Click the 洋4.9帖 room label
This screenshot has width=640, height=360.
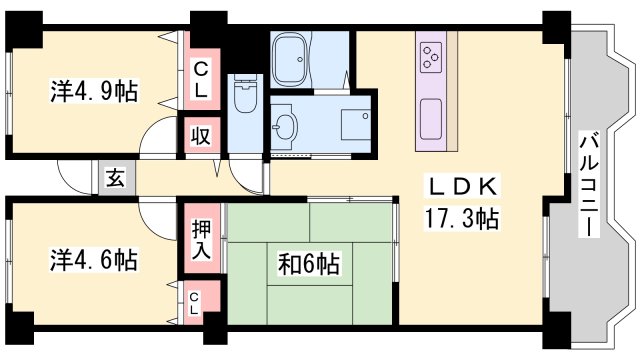95,91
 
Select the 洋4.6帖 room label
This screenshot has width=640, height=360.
94,261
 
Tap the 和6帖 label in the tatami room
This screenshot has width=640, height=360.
309,265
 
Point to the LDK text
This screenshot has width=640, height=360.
463,188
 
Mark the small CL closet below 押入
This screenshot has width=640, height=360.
194,303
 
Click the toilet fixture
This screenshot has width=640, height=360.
244,98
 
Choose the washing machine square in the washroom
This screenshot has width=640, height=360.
354,123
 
